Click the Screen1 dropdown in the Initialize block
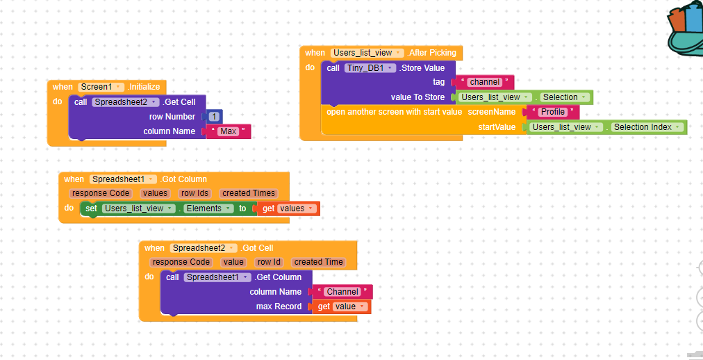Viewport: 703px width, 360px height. click(101, 87)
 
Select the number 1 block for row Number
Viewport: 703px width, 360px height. click(214, 117)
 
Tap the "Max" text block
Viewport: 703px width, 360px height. click(228, 131)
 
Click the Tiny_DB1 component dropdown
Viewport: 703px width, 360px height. click(370, 68)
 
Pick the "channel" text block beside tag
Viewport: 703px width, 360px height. click(484, 82)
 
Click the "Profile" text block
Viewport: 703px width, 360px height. click(553, 112)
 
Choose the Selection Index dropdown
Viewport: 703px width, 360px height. click(646, 127)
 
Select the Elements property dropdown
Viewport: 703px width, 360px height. click(208, 208)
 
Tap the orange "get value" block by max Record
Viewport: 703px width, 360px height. click(341, 306)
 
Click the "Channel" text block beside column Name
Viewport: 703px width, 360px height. click(342, 292)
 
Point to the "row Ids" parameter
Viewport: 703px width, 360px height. click(194, 193)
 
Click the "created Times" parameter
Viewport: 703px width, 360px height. click(249, 193)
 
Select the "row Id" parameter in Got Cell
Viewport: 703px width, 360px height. click(269, 262)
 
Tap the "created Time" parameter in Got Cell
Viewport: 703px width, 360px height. click(318, 262)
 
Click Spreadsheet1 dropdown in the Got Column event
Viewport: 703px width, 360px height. click(122, 179)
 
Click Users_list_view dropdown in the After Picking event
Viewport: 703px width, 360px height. click(367, 53)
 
